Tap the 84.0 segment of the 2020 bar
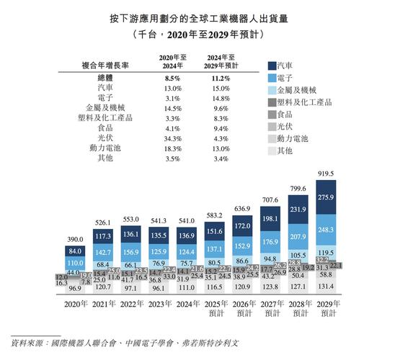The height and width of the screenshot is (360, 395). [x=74, y=251]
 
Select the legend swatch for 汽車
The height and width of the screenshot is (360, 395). [x=271, y=65]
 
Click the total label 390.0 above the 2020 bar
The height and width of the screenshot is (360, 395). [x=74, y=238]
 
